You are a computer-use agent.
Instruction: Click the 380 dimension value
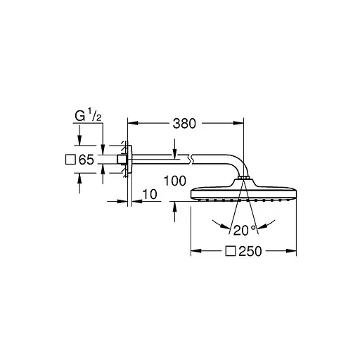click(184, 124)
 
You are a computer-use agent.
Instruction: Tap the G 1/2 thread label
click(88, 116)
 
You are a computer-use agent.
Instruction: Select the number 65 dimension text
click(86, 160)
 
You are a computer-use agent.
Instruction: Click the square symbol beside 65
click(70, 160)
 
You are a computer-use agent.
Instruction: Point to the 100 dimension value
click(175, 181)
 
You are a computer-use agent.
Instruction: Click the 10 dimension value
click(150, 195)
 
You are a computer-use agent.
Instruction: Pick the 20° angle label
click(244, 231)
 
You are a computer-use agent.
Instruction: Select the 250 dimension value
click(250, 251)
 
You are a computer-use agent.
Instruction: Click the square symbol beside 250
click(231, 251)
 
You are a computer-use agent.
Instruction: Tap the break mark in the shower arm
click(191, 160)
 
